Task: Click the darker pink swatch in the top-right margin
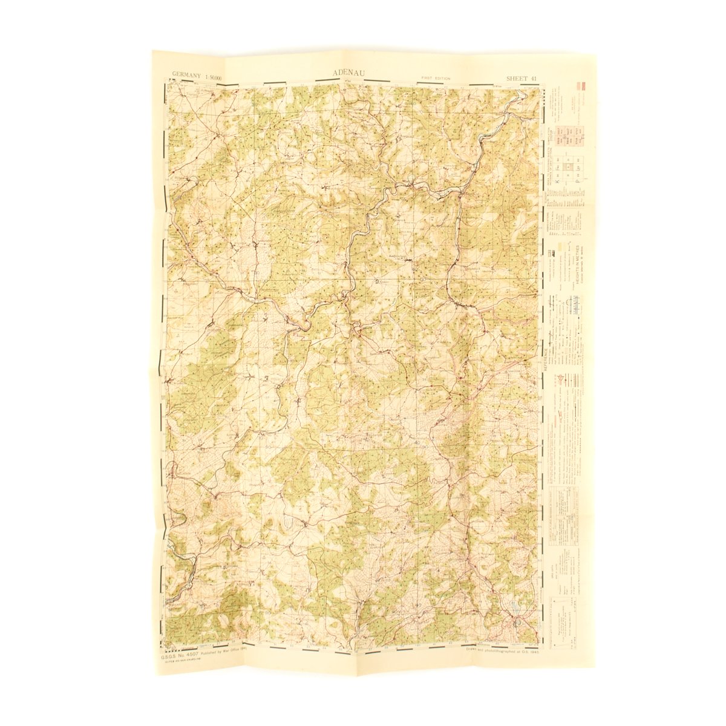click(x=583, y=85)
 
